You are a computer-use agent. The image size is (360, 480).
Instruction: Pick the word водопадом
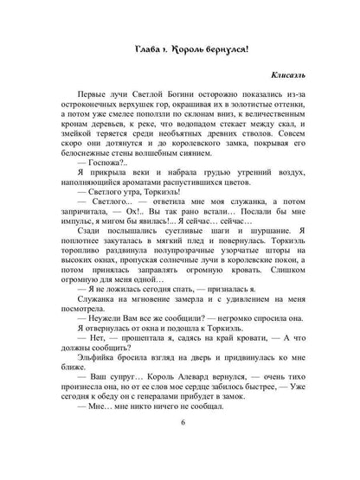(196, 140)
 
